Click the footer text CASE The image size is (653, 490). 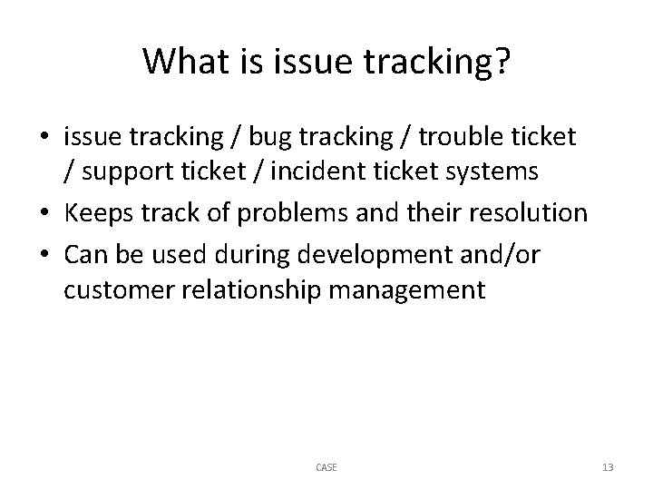pyautogui.click(x=326, y=467)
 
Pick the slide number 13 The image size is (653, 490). pyautogui.click(x=608, y=467)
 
